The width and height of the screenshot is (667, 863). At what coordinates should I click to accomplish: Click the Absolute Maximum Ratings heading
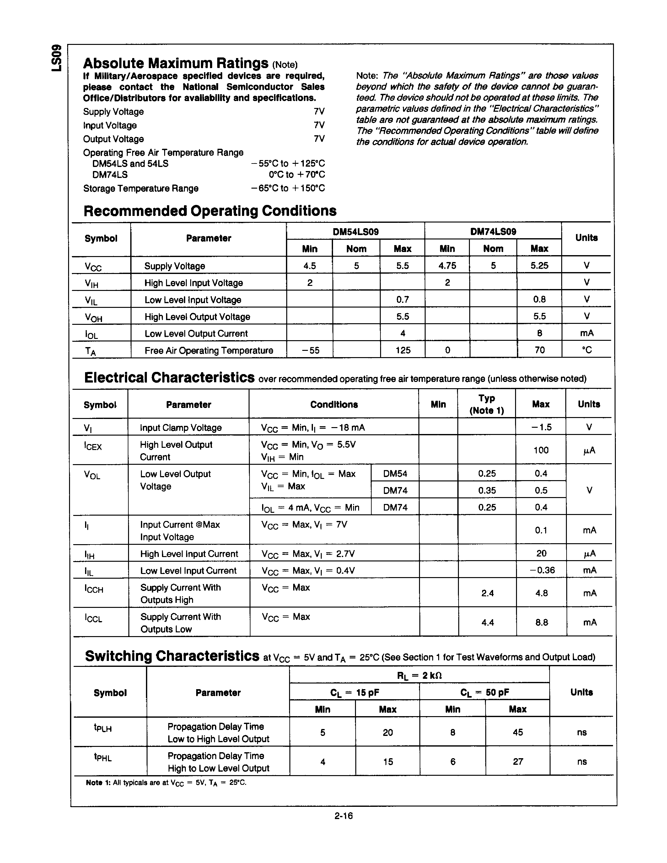click(x=176, y=63)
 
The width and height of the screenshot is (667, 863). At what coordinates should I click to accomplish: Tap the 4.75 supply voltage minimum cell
click(x=447, y=265)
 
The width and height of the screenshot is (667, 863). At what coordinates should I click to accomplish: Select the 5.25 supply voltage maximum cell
click(x=539, y=265)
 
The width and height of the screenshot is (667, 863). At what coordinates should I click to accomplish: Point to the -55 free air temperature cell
click(x=310, y=350)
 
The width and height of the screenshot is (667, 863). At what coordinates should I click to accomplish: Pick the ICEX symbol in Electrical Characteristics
click(x=93, y=446)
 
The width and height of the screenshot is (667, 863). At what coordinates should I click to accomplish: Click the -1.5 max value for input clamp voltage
click(x=541, y=427)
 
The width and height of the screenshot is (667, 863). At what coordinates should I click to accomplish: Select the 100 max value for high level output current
click(x=541, y=450)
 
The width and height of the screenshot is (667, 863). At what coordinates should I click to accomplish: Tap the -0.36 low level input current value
click(x=541, y=570)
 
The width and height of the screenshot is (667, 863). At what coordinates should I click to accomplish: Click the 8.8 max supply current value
click(x=541, y=622)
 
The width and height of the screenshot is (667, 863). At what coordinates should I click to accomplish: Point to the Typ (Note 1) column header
click(x=487, y=404)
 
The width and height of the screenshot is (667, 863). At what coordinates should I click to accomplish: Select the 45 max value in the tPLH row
click(x=518, y=732)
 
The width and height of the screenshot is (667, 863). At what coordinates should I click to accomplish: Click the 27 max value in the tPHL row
click(x=518, y=761)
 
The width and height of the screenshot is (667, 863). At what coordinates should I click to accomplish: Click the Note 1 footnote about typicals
click(x=166, y=783)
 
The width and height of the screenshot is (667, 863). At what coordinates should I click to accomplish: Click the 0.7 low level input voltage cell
click(x=402, y=299)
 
